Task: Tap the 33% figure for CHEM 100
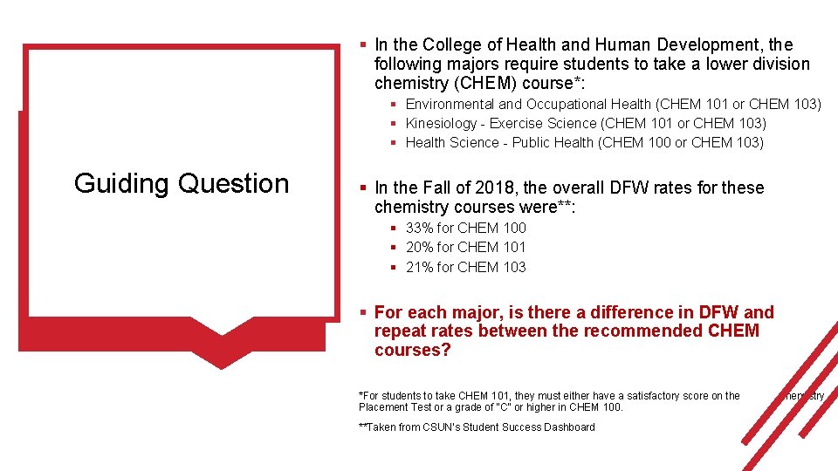[x=420, y=228]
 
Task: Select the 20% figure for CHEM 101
[x=420, y=247]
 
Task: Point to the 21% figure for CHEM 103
[x=420, y=267]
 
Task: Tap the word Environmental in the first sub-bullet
[x=450, y=104]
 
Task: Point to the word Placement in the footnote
[x=383, y=407]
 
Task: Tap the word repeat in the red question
[x=397, y=331]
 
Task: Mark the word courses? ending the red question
[x=412, y=351]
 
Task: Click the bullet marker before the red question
[x=364, y=312]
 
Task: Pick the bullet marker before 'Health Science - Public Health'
[x=395, y=143]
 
